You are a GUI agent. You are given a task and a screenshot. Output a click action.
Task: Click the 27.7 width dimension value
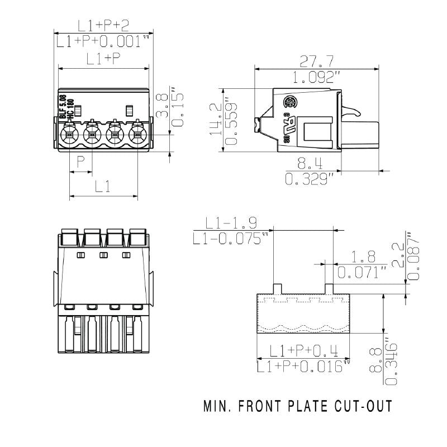coord(317,61)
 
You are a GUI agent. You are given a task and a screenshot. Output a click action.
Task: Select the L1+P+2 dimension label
coord(103,25)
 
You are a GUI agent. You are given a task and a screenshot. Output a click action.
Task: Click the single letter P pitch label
coord(82,163)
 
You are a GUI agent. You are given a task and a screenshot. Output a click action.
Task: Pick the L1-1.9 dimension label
coord(231,223)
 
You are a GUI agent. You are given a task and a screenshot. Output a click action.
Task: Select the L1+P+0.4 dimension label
coord(304,351)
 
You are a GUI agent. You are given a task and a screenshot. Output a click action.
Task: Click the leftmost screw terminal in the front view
coord(69,134)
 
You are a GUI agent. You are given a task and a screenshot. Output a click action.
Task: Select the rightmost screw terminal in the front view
coord(137,134)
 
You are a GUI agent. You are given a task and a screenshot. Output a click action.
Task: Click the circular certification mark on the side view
coord(291,102)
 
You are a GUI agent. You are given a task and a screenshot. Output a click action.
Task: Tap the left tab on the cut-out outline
coord(277,289)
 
